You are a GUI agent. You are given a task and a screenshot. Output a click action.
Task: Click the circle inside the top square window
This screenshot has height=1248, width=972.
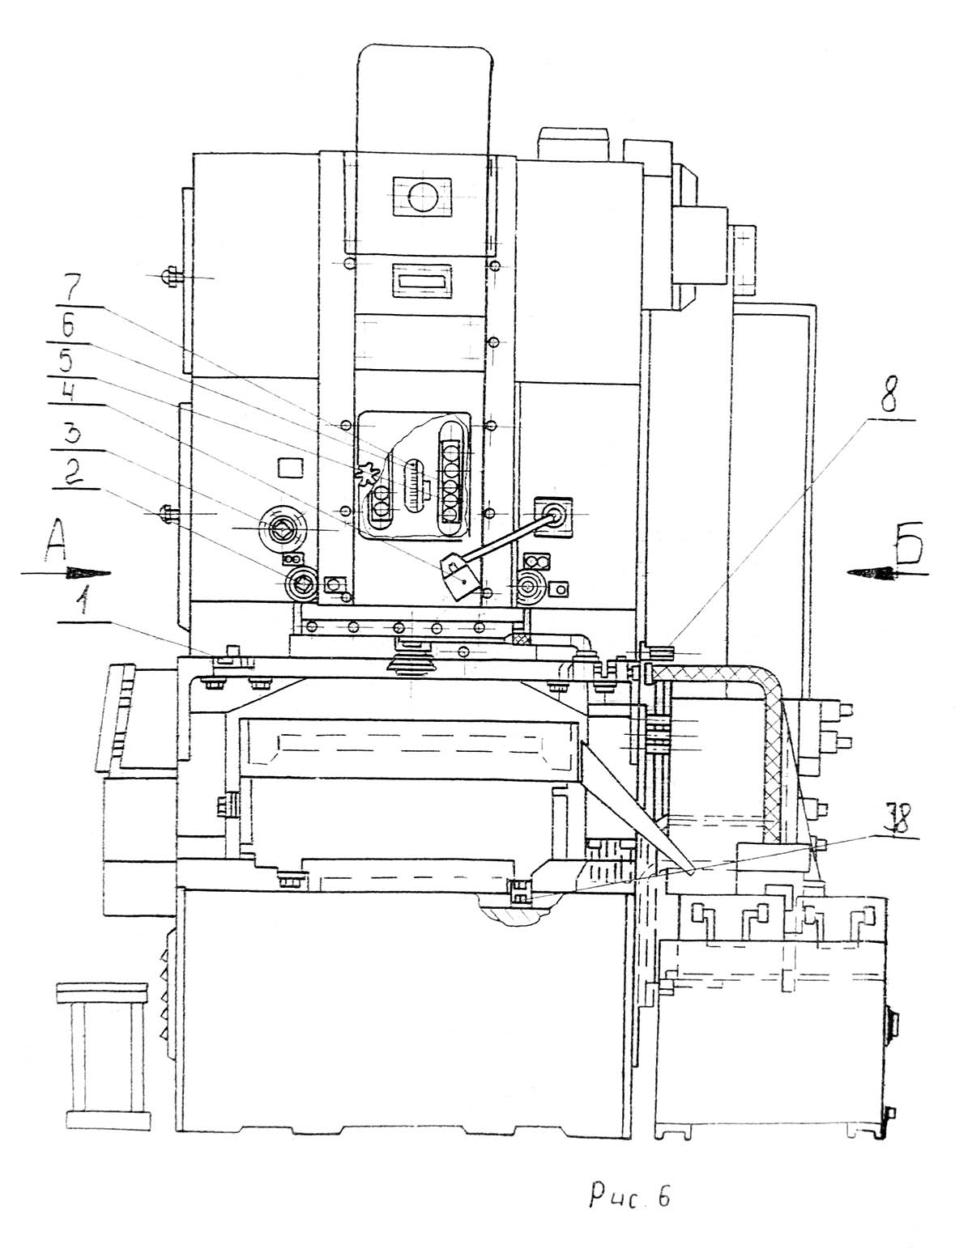click(x=422, y=197)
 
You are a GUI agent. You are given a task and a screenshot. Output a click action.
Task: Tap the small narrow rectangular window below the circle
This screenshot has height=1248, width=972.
click(x=422, y=281)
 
